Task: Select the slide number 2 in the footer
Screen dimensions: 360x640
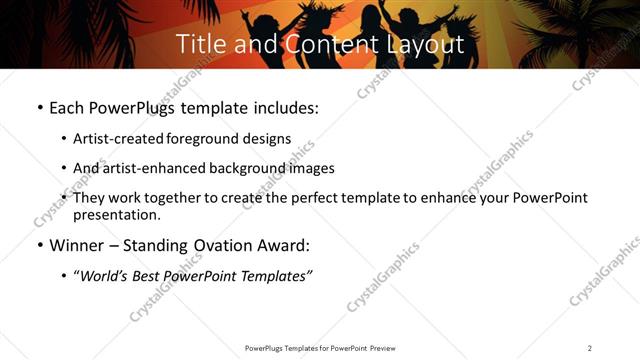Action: click(x=590, y=348)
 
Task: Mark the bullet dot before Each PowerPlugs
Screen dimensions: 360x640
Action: click(x=38, y=106)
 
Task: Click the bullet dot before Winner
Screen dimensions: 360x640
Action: click(x=38, y=245)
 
